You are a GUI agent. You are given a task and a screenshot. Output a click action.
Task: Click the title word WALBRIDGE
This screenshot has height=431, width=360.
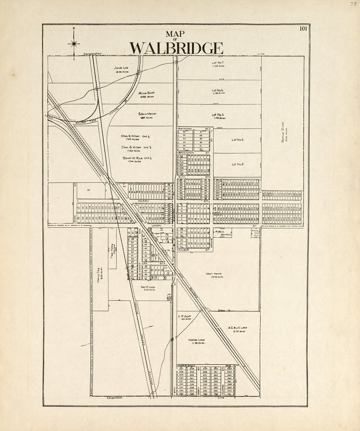pyautogui.click(x=176, y=48)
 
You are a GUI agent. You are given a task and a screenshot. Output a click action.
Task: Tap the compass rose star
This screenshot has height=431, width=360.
pyautogui.click(x=74, y=43)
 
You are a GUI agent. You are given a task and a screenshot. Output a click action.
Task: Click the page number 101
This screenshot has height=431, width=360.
pyautogui.click(x=303, y=28)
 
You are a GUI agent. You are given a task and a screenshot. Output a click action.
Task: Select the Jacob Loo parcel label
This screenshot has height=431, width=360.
pyautogui.click(x=121, y=68)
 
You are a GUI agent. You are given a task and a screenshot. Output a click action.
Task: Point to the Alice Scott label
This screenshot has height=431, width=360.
pyautogui.click(x=146, y=93)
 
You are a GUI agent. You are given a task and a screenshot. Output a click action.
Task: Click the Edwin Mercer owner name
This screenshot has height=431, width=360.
pyautogui.click(x=147, y=114)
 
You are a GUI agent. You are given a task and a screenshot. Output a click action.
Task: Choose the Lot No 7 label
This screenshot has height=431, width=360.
pyautogui.click(x=218, y=62)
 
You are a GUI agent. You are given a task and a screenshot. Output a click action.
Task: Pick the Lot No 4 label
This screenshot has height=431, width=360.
pyautogui.click(x=238, y=140)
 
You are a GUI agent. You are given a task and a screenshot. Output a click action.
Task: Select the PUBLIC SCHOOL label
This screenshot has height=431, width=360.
pyautogui.click(x=223, y=233)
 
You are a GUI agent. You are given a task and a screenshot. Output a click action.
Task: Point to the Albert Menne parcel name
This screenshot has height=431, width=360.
pyautogui.click(x=214, y=274)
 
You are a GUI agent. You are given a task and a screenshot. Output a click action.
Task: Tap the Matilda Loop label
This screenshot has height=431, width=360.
pyautogui.click(x=196, y=340)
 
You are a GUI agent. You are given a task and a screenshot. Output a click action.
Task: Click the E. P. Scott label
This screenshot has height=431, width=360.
pyautogui.click(x=184, y=316)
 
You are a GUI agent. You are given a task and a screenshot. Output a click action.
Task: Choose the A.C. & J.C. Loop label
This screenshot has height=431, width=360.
pyautogui.click(x=238, y=327)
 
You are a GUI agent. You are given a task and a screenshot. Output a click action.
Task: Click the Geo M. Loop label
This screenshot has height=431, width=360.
pyautogui.click(x=148, y=287)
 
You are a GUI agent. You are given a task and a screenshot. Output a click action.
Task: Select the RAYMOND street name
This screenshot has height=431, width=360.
pyautogui.click(x=185, y=129)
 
